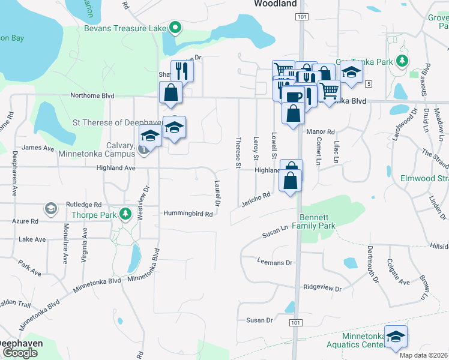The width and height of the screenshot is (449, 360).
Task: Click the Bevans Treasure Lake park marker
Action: click(x=175, y=27)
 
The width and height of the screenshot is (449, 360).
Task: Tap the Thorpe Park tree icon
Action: click(x=125, y=214)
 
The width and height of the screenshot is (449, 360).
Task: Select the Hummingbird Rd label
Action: click(x=188, y=214)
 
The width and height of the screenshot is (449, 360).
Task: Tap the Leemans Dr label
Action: click(x=274, y=262)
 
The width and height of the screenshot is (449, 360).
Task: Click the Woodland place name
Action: click(x=275, y=4)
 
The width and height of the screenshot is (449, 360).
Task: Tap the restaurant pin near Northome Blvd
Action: click(x=182, y=71)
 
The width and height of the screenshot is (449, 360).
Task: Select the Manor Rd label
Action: click(x=320, y=131)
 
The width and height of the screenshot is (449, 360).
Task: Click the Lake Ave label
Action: click(x=32, y=239)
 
